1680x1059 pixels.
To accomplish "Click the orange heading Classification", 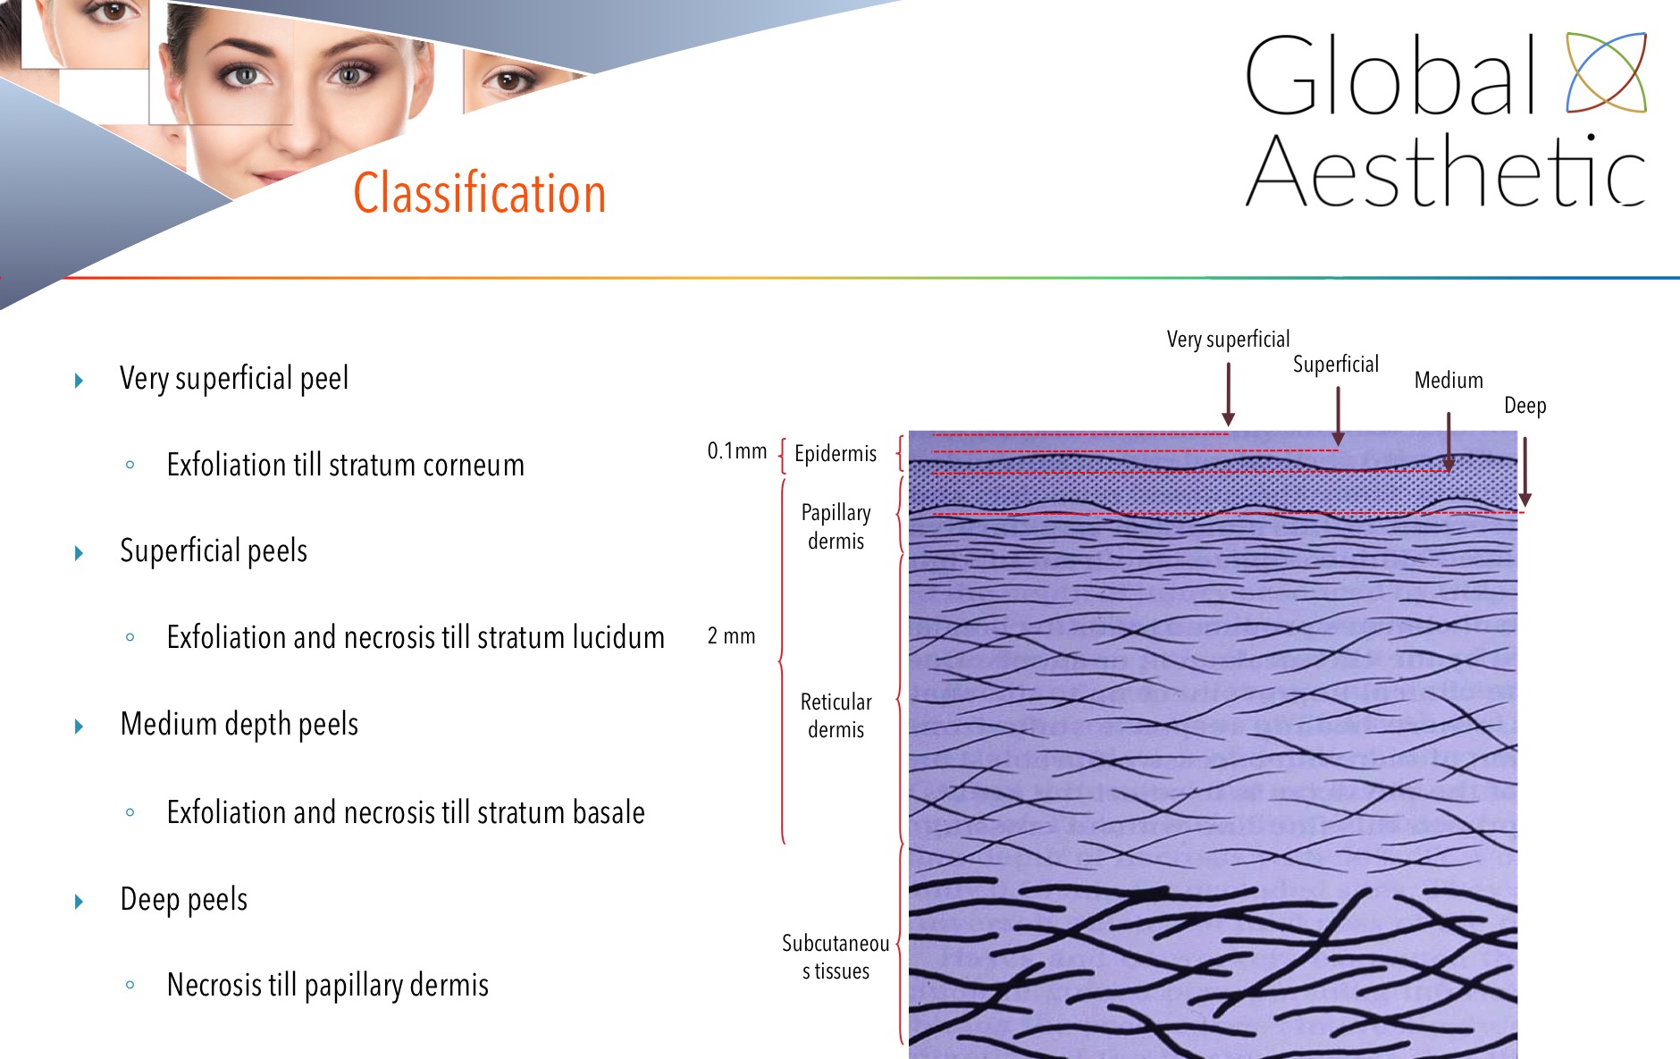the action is pyautogui.click(x=480, y=192).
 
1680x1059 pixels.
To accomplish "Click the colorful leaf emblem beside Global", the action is pyautogui.click(x=1606, y=72).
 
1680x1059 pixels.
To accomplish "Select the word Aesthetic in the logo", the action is pyautogui.click(x=1445, y=171).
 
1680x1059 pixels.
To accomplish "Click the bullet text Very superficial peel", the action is pyautogui.click(x=234, y=378).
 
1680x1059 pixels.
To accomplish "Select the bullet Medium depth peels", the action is pyautogui.click(x=239, y=724).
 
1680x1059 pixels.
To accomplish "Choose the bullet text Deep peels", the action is pyautogui.click(x=183, y=899).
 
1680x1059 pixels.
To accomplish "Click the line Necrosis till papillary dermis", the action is pyautogui.click(x=327, y=985).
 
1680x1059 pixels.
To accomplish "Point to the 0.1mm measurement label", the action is pyautogui.click(x=736, y=451).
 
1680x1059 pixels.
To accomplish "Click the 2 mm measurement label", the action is pyautogui.click(x=731, y=636).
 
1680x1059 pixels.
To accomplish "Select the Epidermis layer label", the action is pyautogui.click(x=836, y=453).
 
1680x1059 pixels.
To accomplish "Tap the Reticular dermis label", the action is pyautogui.click(x=836, y=715).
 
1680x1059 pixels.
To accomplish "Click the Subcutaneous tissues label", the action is pyautogui.click(x=836, y=957).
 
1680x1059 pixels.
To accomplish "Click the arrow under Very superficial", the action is pyautogui.click(x=1229, y=394).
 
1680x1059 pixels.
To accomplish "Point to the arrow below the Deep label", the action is pyautogui.click(x=1525, y=472).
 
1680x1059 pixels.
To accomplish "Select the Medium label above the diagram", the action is pyautogui.click(x=1449, y=380).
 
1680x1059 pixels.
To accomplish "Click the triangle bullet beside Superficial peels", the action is pyautogui.click(x=79, y=553).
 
